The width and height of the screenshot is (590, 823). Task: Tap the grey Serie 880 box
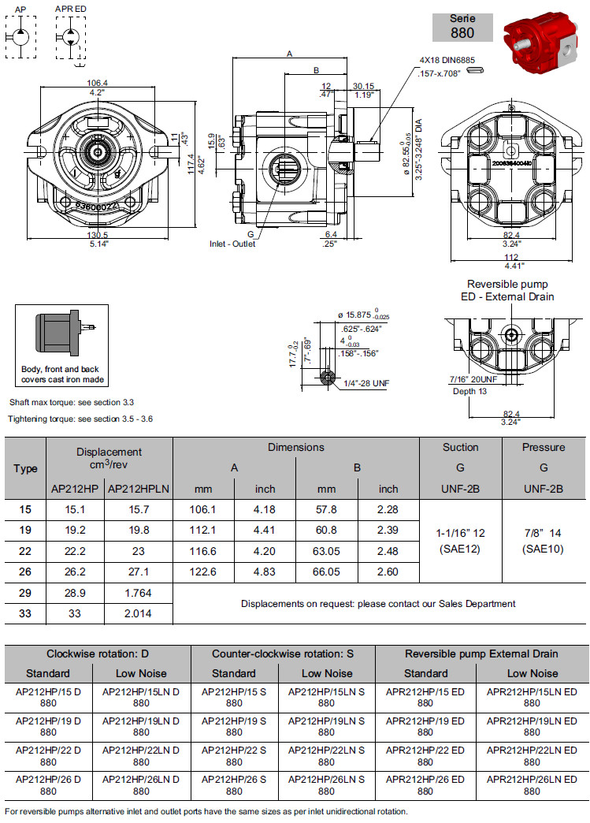462,27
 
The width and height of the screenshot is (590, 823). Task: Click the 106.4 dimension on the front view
98,83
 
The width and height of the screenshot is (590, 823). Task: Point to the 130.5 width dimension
98,235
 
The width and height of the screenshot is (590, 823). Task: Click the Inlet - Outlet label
232,244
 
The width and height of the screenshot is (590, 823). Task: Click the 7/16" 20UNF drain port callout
473,380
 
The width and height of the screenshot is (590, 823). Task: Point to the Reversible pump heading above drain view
507,284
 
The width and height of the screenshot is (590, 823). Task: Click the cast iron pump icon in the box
63,332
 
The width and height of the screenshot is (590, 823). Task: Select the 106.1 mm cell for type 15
203,510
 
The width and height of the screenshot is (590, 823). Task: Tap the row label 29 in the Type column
25,591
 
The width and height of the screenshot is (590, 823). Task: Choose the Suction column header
460,447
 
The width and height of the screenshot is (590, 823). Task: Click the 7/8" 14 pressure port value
543,534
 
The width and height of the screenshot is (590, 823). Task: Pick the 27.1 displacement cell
138,572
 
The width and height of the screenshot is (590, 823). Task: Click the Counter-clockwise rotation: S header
283,654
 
